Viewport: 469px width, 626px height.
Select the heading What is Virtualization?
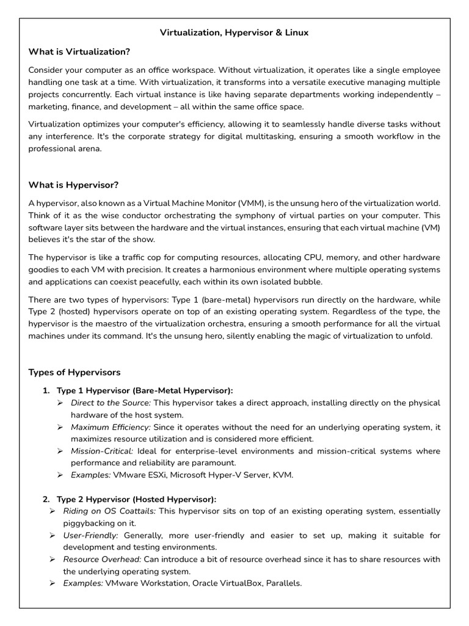click(x=79, y=51)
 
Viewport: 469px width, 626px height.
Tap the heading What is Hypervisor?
click(x=74, y=185)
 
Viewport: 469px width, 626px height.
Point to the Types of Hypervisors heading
click(x=75, y=372)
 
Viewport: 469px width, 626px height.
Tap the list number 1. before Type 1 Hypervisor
click(x=46, y=390)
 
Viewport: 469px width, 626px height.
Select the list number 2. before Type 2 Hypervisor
click(x=46, y=499)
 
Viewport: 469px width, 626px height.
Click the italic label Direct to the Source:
click(x=111, y=403)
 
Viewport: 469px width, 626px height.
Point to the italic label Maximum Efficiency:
click(x=111, y=427)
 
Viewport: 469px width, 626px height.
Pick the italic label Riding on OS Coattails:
click(x=109, y=511)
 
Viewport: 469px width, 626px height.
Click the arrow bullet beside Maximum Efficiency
click(x=60, y=427)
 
